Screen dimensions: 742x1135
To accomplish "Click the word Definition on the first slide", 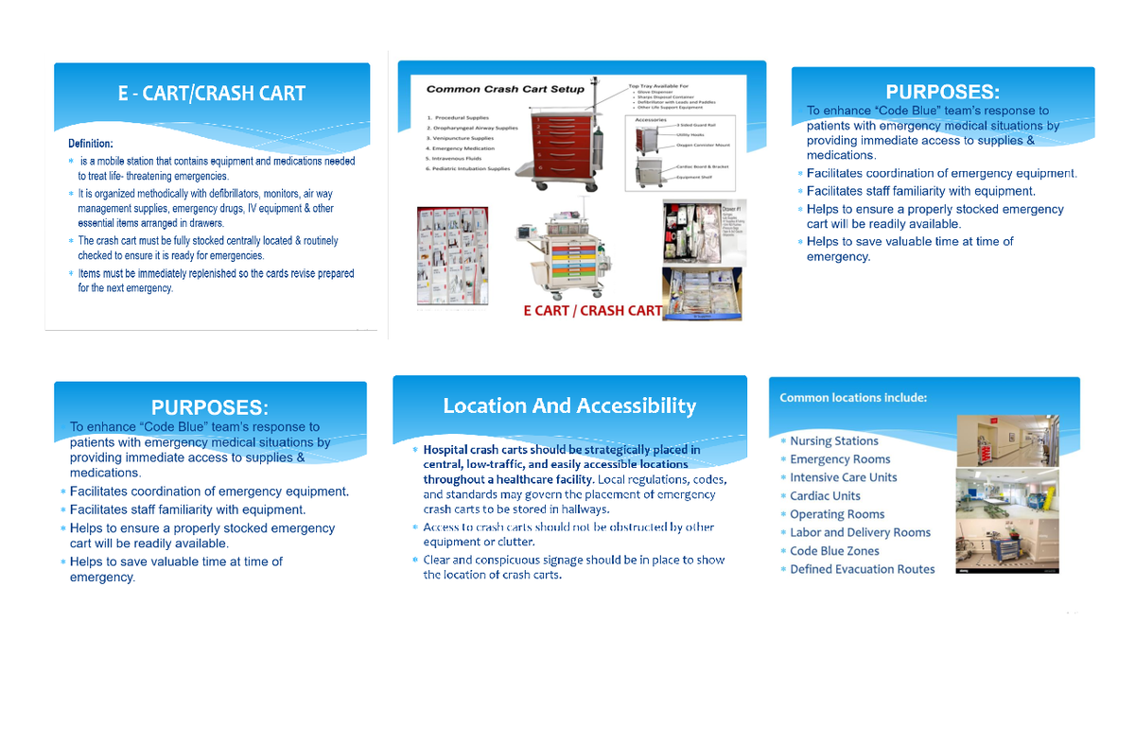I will tap(90, 144).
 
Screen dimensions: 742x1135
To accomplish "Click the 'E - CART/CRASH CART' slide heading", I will tap(211, 93).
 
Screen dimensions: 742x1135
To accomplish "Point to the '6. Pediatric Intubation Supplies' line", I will tap(468, 169).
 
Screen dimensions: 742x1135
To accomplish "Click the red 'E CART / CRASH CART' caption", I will tap(593, 311).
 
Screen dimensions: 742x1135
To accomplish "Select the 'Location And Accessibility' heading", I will tap(569, 406).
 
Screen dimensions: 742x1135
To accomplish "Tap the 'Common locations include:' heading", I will tap(853, 398).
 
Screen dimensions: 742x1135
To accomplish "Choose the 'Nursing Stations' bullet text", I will tap(834, 441).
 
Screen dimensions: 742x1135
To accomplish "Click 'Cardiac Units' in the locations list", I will tap(825, 496).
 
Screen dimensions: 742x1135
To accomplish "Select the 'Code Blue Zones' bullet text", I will tap(834, 551).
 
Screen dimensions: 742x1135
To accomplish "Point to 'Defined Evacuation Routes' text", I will tap(862, 569).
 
